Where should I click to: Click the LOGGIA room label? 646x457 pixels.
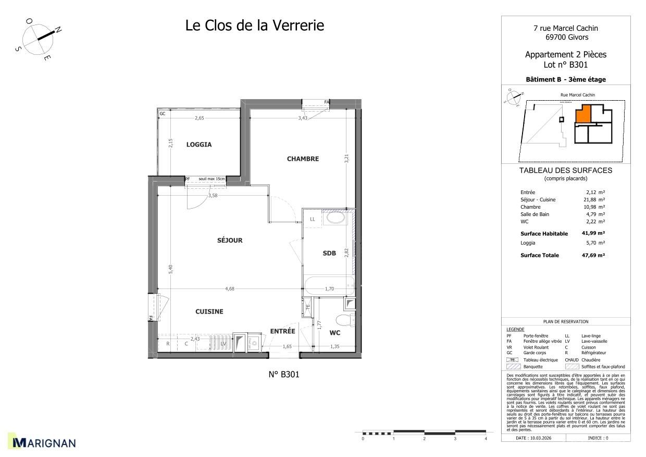click(199, 145)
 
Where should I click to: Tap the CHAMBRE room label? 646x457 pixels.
click(303, 159)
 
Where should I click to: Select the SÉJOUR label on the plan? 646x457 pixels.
click(230, 240)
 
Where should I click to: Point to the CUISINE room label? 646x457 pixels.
click(209, 311)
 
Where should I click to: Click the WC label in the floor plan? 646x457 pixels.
click(335, 332)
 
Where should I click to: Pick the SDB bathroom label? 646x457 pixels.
click(329, 253)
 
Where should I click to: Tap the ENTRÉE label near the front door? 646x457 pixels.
click(282, 331)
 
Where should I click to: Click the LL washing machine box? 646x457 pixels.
click(313, 219)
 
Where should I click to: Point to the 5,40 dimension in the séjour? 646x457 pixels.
click(171, 269)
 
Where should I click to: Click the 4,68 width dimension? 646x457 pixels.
click(230, 288)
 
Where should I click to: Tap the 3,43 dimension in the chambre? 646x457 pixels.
click(303, 118)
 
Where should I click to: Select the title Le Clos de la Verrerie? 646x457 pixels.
click(255, 25)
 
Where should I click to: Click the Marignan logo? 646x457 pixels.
click(44, 443)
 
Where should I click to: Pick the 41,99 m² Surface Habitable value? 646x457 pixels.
click(593, 234)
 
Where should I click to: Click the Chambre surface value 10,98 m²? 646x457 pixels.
click(593, 207)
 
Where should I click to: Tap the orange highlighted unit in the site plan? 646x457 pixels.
click(583, 113)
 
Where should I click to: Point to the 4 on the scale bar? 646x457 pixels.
click(486, 439)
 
